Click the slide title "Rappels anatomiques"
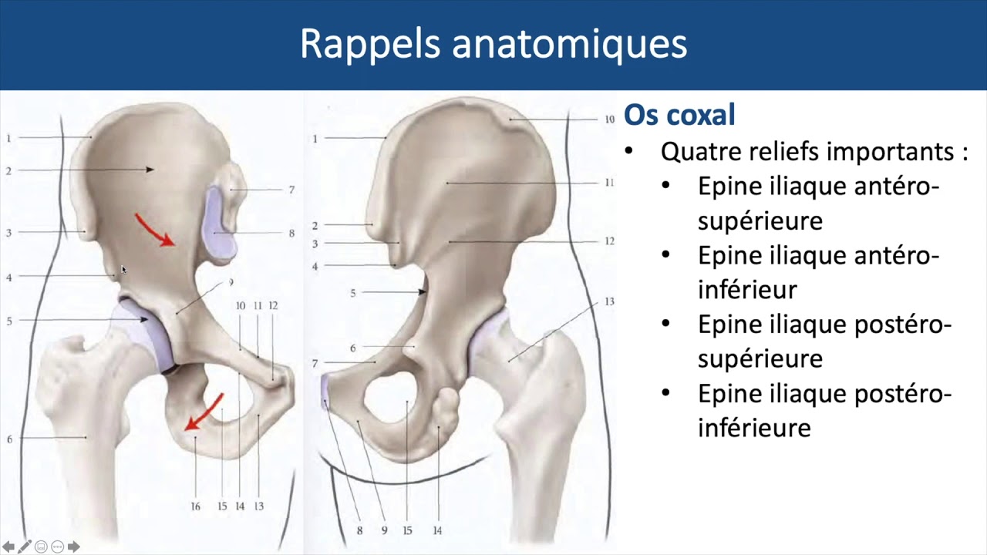[x=493, y=44]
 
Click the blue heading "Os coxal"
[x=679, y=115]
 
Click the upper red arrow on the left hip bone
[x=154, y=230]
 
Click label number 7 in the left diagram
[x=291, y=190]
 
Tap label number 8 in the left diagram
[x=291, y=233]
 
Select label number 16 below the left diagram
[x=195, y=506]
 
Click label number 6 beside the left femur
[x=9, y=439]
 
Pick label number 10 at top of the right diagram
[x=609, y=119]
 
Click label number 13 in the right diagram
[x=609, y=301]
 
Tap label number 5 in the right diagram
[x=353, y=293]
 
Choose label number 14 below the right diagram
[x=437, y=530]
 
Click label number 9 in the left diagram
[x=230, y=283]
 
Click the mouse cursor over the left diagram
[x=123, y=269]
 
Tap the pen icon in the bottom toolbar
[x=25, y=547]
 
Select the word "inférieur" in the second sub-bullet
[x=746, y=289]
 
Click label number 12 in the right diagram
[x=609, y=241]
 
